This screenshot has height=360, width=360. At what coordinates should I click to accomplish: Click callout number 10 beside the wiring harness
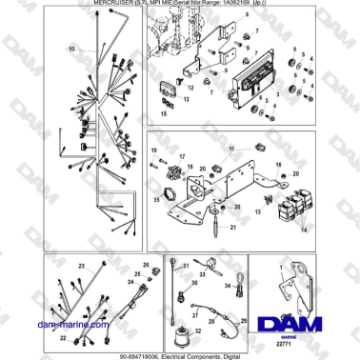point(70,47)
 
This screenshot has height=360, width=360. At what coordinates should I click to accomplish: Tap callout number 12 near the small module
point(189,88)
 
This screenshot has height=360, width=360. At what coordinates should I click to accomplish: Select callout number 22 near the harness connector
point(64,336)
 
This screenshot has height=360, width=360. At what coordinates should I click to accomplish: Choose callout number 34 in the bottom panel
point(227,283)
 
